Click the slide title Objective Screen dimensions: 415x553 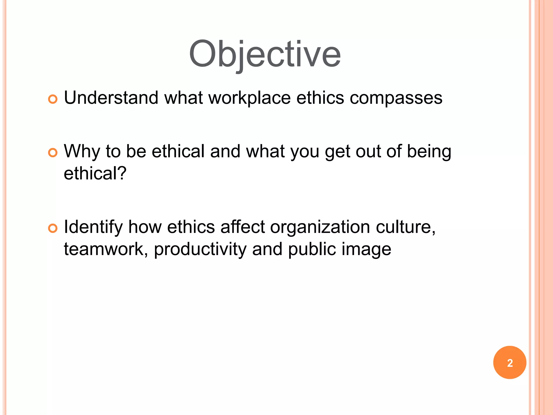pos(265,54)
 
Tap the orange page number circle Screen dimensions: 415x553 pos(510,363)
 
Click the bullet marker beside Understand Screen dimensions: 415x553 pos(53,99)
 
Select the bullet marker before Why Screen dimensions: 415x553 pos(53,153)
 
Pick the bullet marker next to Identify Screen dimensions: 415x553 pos(53,228)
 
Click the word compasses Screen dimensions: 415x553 pos(396,98)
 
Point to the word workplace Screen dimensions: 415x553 pos(249,98)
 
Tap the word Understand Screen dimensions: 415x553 pos(111,98)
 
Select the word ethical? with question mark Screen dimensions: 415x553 pos(95,173)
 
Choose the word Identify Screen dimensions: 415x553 pos(93,227)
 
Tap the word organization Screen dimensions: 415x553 pos(320,227)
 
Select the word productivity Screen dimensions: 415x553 pos(200,249)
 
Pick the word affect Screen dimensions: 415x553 pos(242,227)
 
